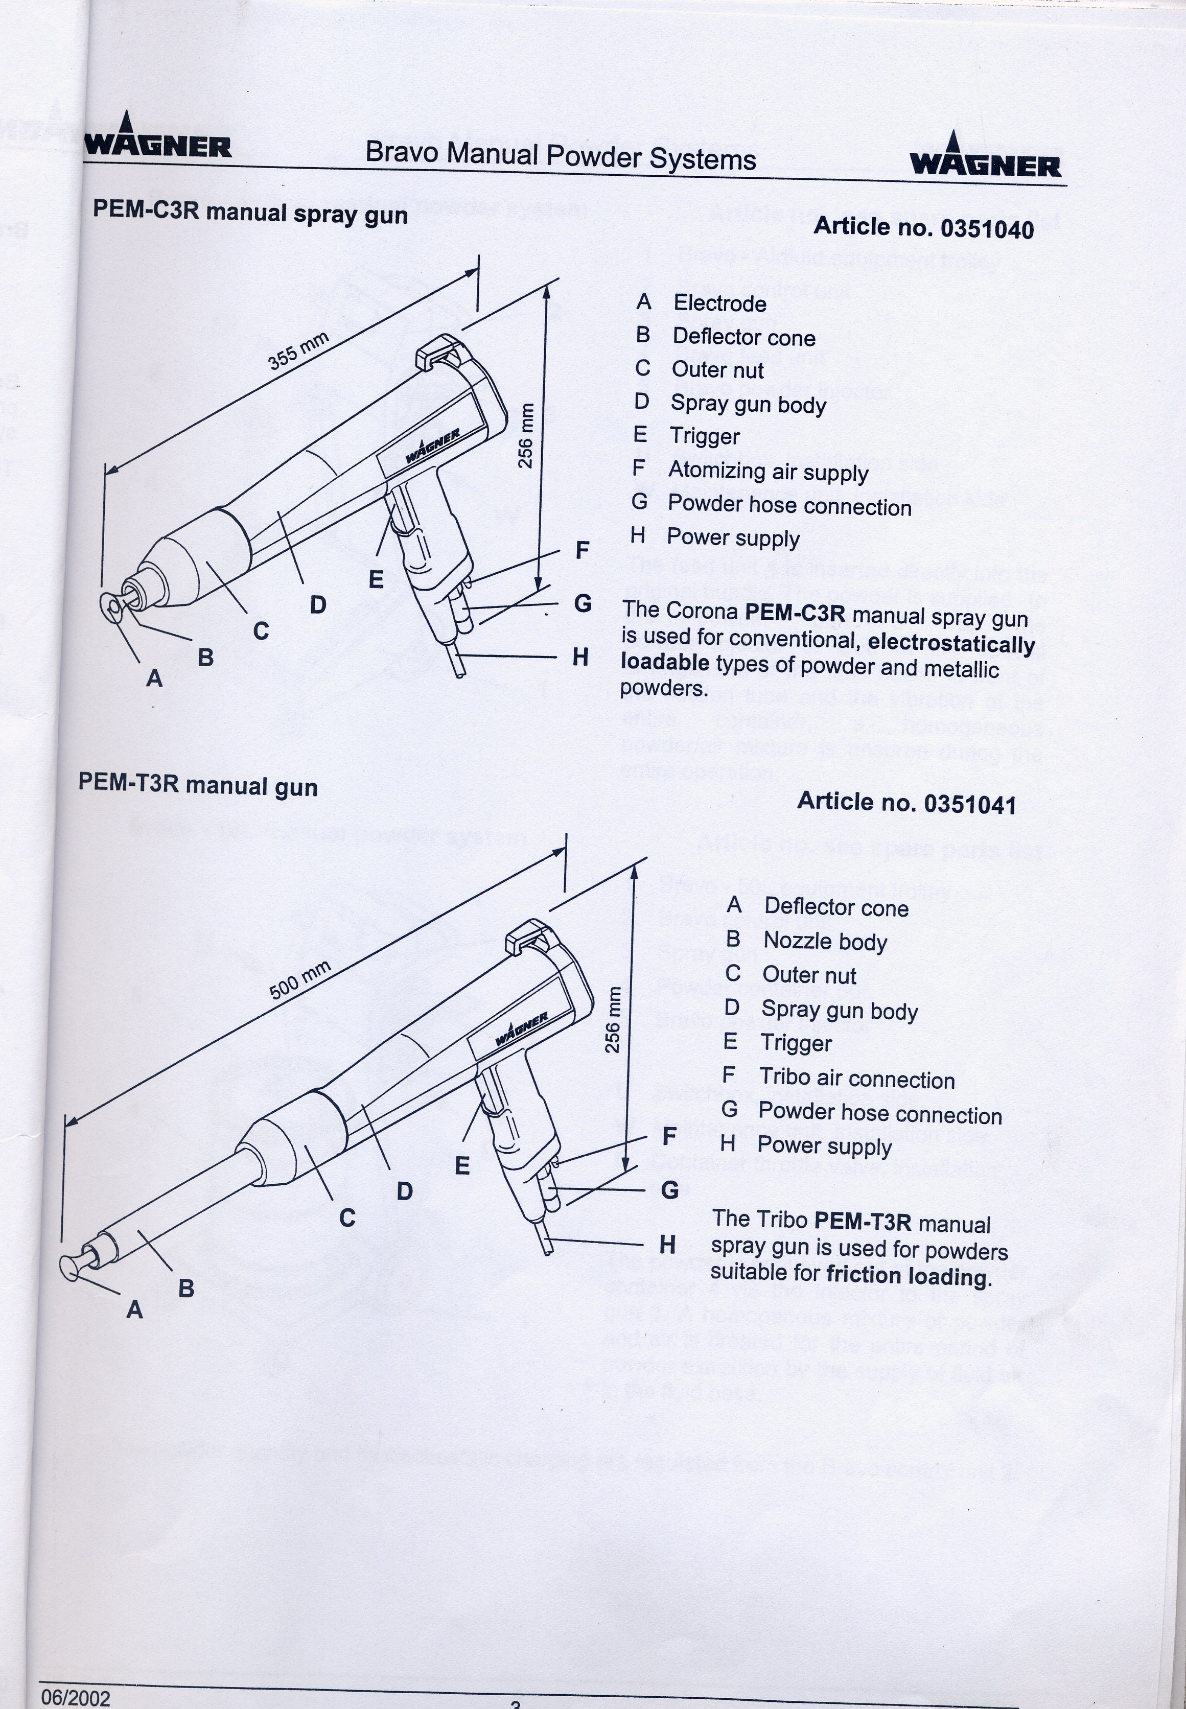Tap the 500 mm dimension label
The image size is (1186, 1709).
[x=299, y=980]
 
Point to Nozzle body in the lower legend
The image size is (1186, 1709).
[x=825, y=942]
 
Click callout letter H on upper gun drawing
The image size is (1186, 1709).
[x=580, y=657]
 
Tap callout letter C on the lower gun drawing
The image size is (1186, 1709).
[x=347, y=1218]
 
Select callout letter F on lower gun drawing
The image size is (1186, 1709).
[x=669, y=1136]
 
